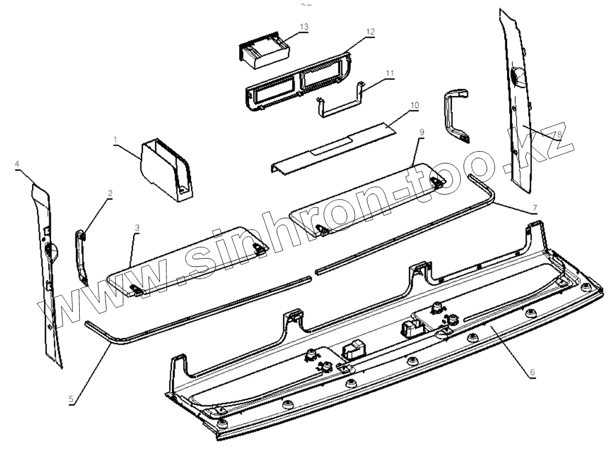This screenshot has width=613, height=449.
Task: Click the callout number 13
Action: pyautogui.click(x=303, y=26)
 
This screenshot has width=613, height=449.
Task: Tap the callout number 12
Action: pyautogui.click(x=371, y=32)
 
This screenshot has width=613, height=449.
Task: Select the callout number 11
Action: pyautogui.click(x=389, y=72)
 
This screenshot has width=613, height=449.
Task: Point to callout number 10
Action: pyautogui.click(x=414, y=104)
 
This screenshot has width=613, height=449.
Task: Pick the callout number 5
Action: pyautogui.click(x=72, y=399)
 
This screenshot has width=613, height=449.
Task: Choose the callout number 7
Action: pyautogui.click(x=534, y=207)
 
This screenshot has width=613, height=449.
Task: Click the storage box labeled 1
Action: pyautogui.click(x=164, y=166)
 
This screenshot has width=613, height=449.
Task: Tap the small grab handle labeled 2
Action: pyautogui.click(x=81, y=256)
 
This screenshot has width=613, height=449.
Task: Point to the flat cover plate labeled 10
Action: pyautogui.click(x=333, y=143)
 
